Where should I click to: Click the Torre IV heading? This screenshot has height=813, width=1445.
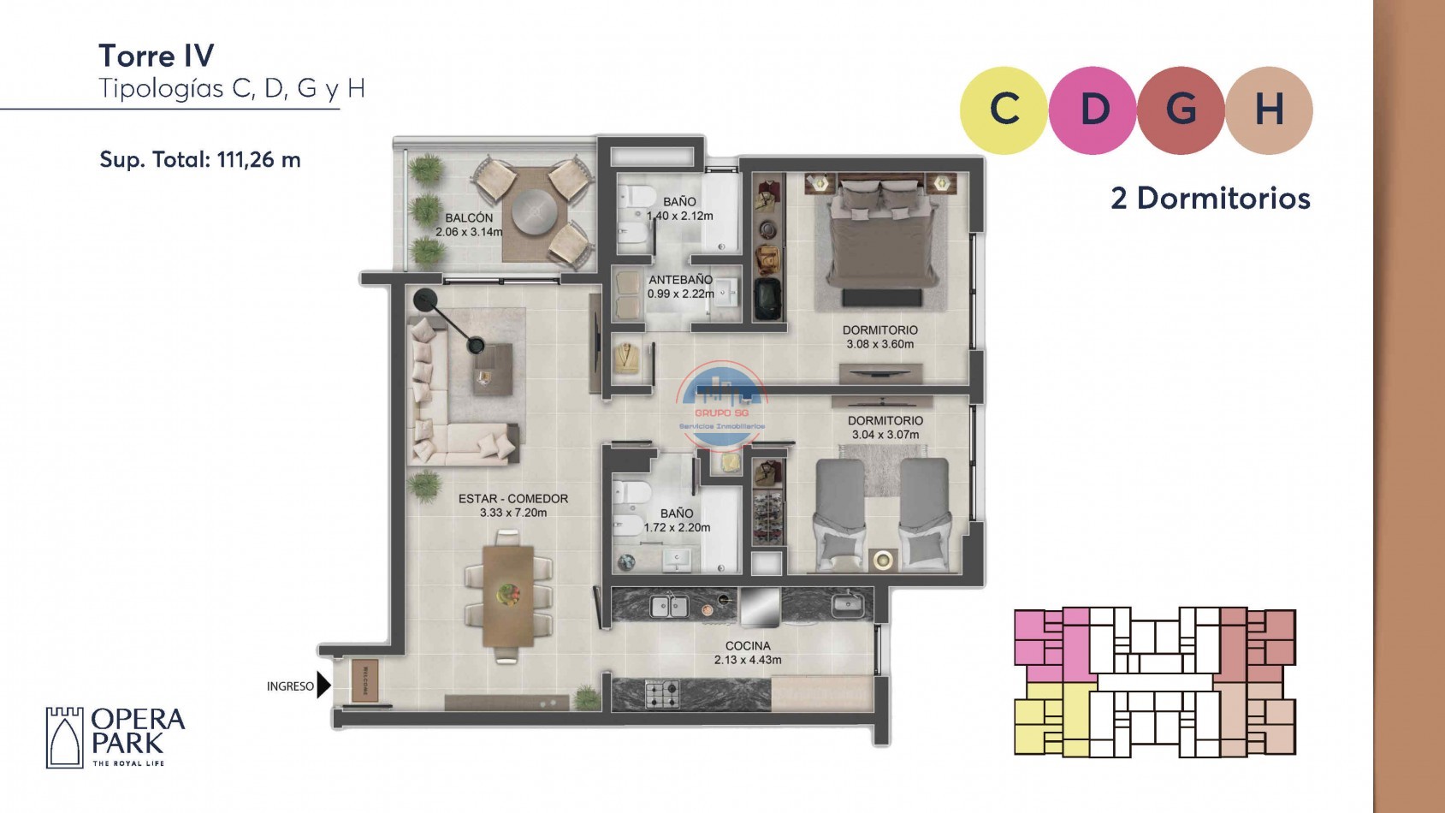pyautogui.click(x=157, y=56)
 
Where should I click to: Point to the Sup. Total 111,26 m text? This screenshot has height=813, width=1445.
pyautogui.click(x=200, y=160)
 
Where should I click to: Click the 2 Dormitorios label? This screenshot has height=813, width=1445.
pyautogui.click(x=1210, y=199)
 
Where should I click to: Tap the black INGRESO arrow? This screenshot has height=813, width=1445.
pyautogui.click(x=323, y=685)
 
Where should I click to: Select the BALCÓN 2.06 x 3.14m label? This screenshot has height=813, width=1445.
pyautogui.click(x=469, y=225)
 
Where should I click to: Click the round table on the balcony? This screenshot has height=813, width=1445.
pyautogui.click(x=535, y=206)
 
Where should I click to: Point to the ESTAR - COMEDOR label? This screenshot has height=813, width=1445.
pyautogui.click(x=512, y=505)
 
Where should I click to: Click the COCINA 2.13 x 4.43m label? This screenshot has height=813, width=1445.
pyautogui.click(x=748, y=653)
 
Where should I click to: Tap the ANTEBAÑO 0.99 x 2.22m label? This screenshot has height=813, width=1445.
pyautogui.click(x=680, y=287)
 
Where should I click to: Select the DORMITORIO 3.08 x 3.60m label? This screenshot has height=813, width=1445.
pyautogui.click(x=879, y=337)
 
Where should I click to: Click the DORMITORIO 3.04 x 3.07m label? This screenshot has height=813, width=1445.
pyautogui.click(x=885, y=428)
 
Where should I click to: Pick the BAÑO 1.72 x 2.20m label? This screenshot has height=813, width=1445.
pyautogui.click(x=677, y=520)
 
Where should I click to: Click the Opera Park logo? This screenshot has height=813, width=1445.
pyautogui.click(x=115, y=736)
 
